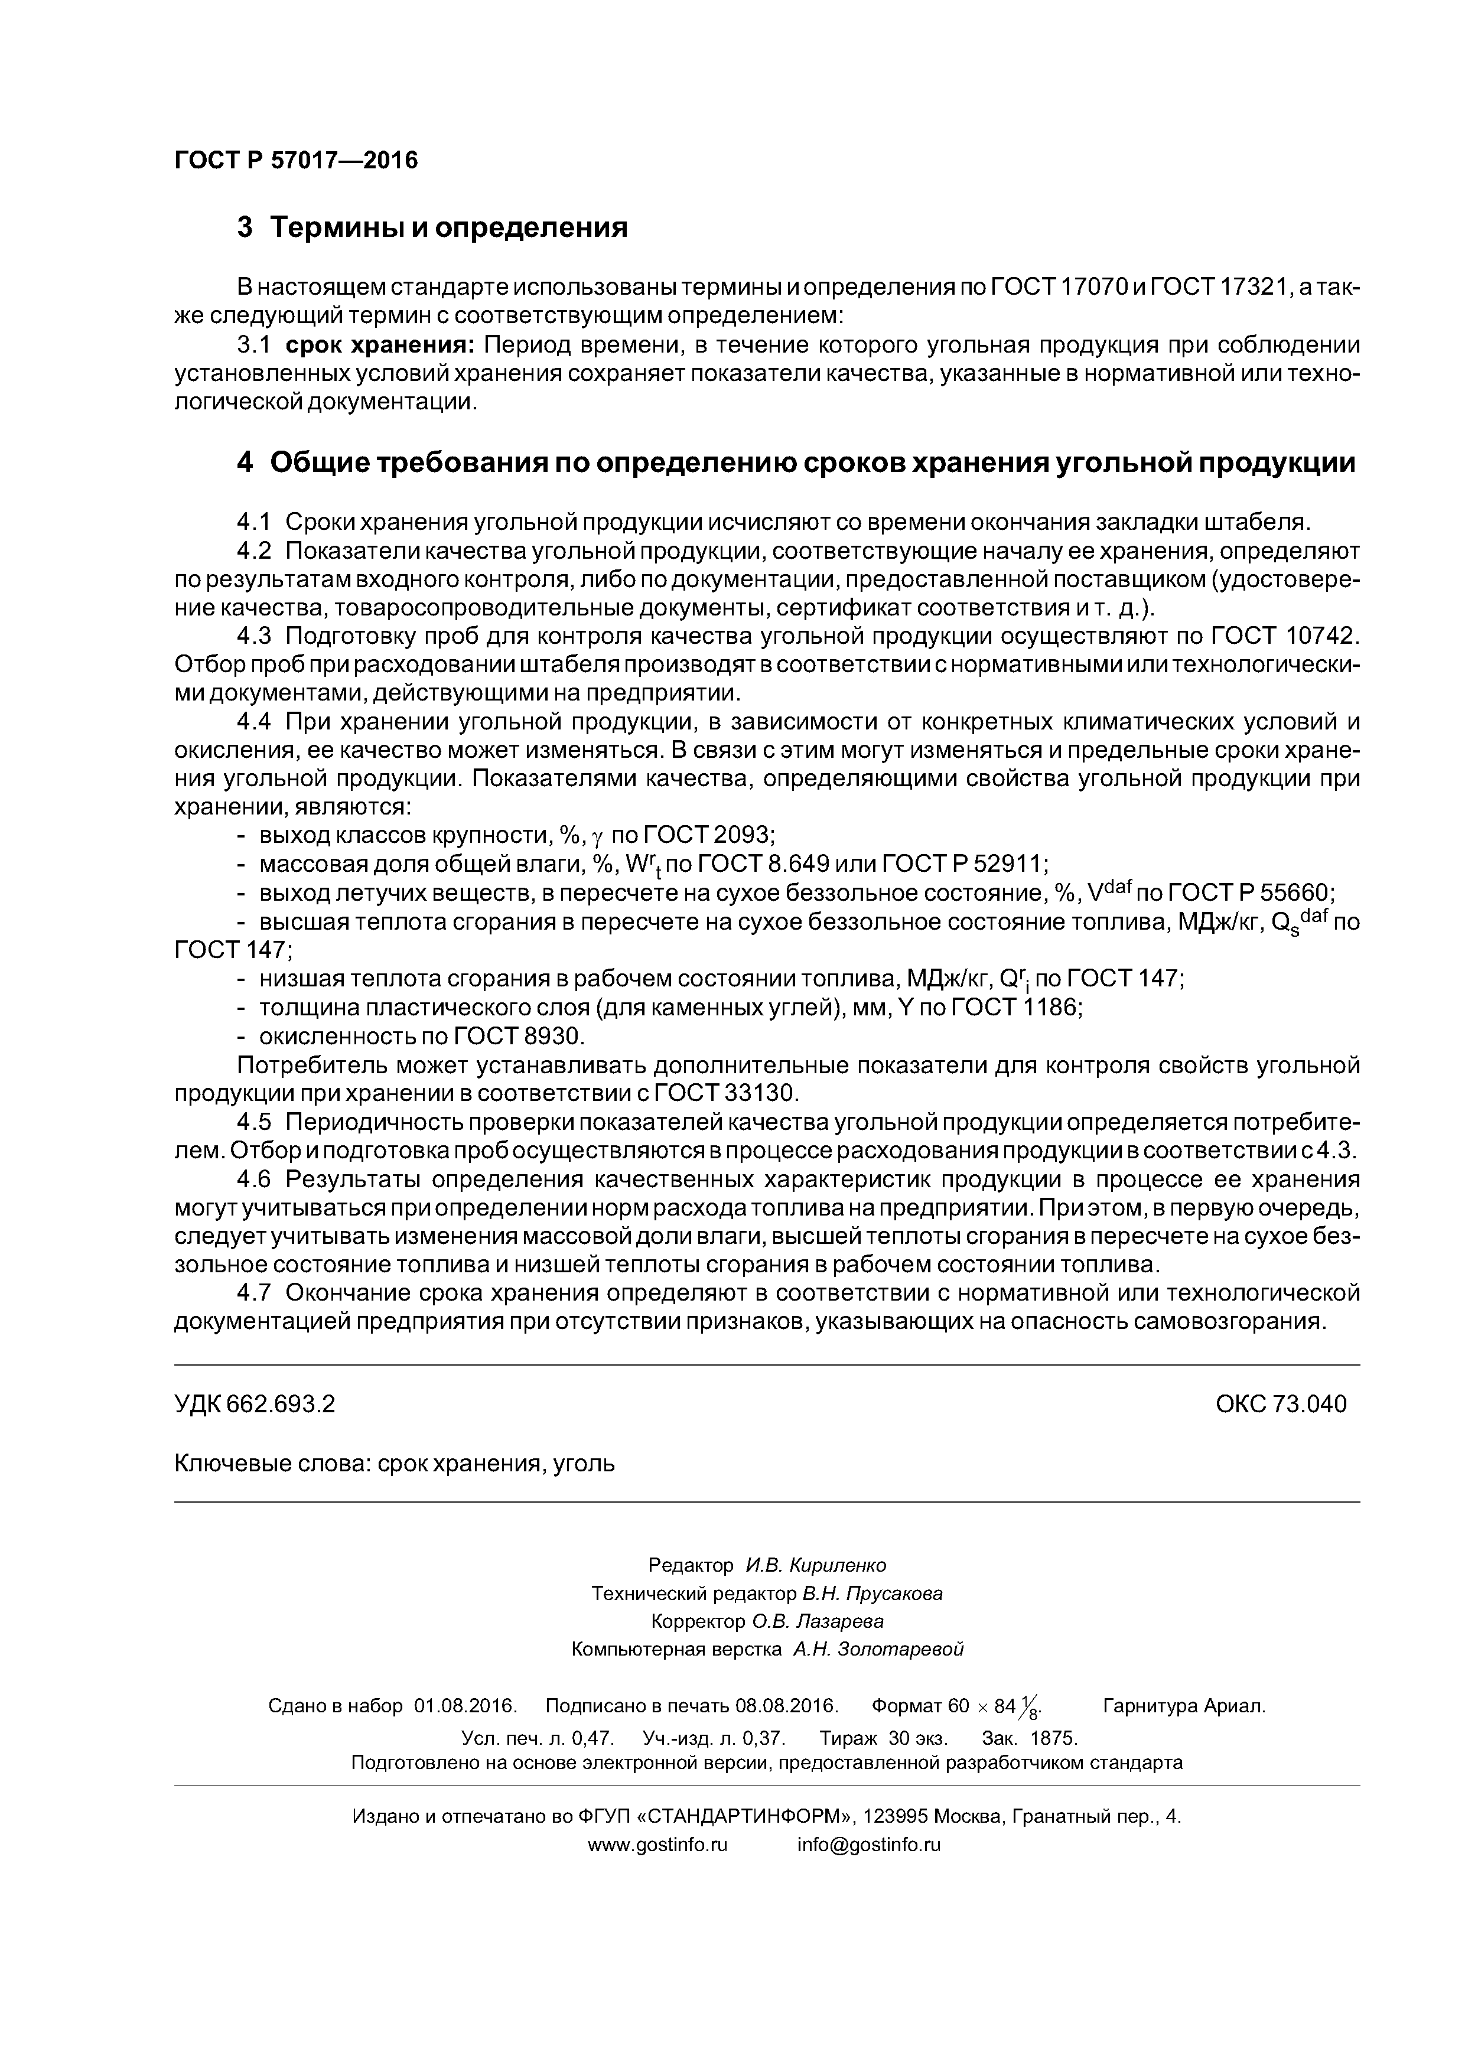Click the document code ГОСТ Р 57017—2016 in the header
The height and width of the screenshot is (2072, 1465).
[x=296, y=161]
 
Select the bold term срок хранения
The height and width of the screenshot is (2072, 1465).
[x=381, y=346]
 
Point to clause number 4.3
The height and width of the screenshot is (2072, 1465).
[x=253, y=636]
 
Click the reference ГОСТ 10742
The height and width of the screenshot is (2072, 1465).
[x=1284, y=636]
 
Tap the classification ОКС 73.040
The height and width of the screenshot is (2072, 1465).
[x=1281, y=1404]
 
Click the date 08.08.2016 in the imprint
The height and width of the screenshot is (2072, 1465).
[x=786, y=1706]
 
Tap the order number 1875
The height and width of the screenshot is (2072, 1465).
[x=1053, y=1738]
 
